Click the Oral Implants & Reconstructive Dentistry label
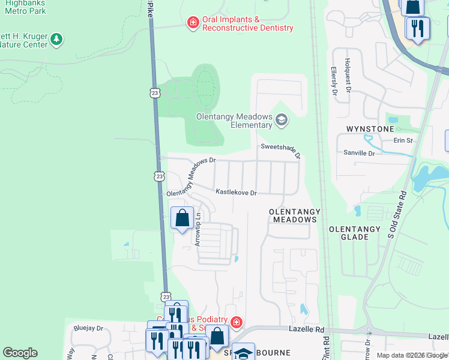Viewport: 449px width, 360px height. (x=247, y=24)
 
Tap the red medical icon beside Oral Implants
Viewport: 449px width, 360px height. (x=193, y=23)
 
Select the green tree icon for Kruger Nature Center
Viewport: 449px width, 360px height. (x=56, y=40)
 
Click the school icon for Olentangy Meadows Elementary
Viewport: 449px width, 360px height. (x=281, y=121)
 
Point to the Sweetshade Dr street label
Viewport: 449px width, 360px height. (x=280, y=148)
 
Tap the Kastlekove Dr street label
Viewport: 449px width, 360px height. (x=236, y=193)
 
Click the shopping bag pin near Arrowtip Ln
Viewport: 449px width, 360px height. (x=182, y=218)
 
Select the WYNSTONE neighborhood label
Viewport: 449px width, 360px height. (x=370, y=129)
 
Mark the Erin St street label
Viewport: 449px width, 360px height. (x=403, y=140)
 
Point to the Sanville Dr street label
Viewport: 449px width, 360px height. (x=360, y=154)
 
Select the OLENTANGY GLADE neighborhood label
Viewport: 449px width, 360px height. (x=354, y=233)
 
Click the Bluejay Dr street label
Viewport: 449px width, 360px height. (x=88, y=328)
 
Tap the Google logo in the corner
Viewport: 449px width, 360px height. (x=20, y=353)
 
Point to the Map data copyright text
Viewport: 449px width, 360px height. (x=411, y=355)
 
